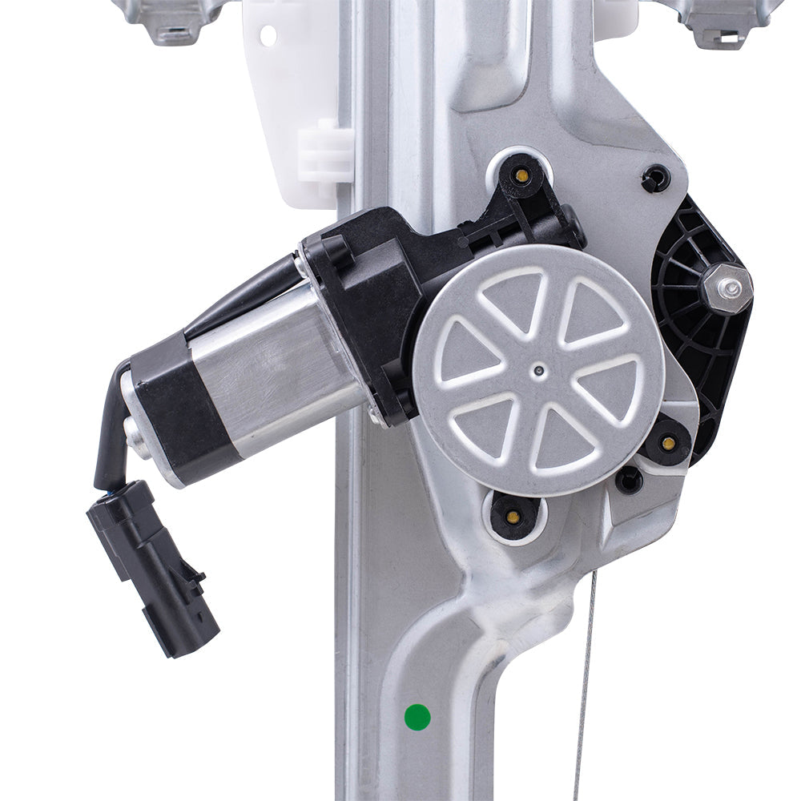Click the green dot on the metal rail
(417, 716)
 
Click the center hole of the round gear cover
(539, 370)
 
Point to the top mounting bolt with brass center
(521, 175)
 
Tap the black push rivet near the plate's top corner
(656, 178)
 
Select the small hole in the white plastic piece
(268, 36)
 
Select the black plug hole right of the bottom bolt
(629, 479)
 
